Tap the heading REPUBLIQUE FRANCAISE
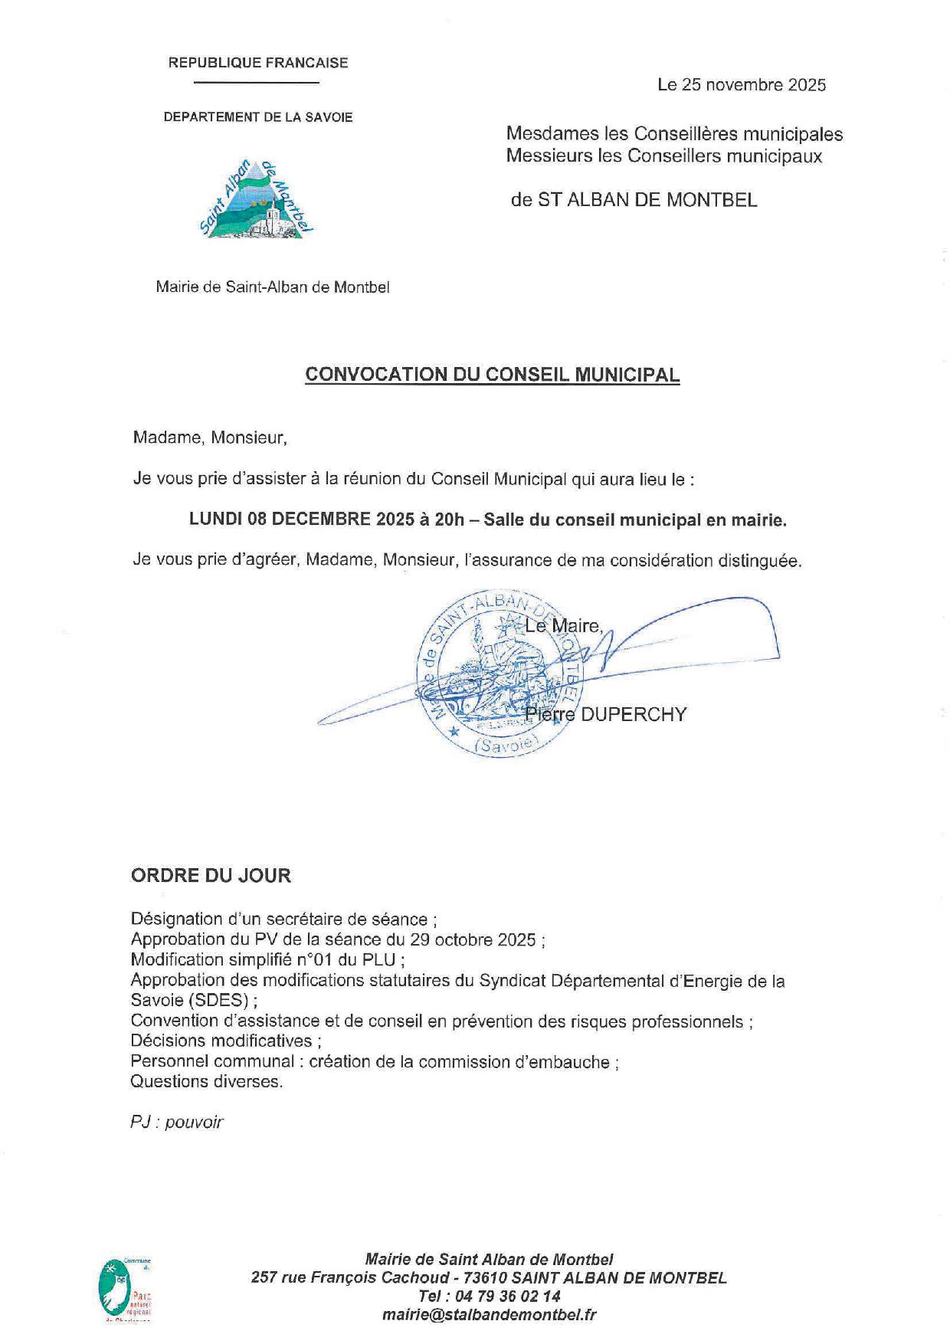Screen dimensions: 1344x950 click(258, 63)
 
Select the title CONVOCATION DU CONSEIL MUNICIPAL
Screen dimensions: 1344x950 click(492, 375)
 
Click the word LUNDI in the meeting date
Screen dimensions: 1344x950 click(215, 520)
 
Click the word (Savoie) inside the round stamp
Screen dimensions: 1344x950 click(506, 746)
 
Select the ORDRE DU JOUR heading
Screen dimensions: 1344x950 click(211, 875)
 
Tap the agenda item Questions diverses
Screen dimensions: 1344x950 click(206, 1081)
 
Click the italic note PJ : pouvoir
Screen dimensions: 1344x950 click(177, 1122)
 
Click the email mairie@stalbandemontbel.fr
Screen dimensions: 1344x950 click(490, 1315)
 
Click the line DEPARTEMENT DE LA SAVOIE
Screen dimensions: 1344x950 click(258, 117)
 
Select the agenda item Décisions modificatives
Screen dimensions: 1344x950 click(224, 1041)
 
